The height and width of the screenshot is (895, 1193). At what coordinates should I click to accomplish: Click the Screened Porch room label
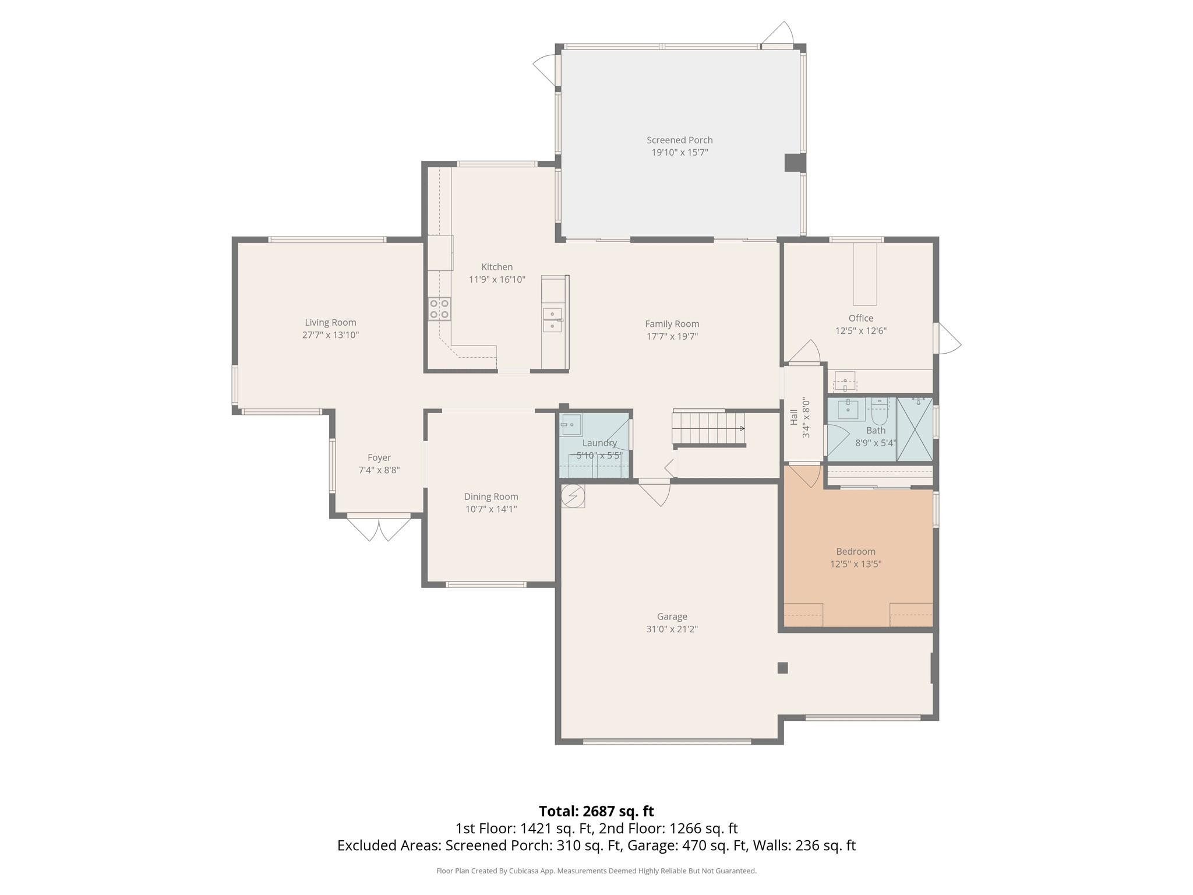679,140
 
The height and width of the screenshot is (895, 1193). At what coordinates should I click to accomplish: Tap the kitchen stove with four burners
439,309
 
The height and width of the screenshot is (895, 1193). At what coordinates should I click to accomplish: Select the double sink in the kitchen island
552,320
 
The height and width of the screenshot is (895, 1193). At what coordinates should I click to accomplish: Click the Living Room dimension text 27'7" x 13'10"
330,335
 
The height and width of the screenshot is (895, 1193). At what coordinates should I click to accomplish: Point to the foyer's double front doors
379,527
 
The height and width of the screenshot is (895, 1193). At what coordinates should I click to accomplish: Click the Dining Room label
490,496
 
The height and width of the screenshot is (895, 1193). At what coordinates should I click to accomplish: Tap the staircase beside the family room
708,428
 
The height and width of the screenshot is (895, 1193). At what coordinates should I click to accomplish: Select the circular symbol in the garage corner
572,496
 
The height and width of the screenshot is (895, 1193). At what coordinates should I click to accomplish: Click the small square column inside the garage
782,668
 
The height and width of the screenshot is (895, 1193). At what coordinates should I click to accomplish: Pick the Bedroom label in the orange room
855,551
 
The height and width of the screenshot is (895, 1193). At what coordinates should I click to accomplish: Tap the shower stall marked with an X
915,429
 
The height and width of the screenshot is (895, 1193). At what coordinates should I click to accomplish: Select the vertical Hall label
793,417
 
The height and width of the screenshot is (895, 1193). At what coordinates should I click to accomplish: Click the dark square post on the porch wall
795,163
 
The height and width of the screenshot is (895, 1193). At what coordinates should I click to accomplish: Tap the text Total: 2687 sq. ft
596,811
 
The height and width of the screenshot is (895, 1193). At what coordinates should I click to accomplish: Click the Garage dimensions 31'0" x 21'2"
672,629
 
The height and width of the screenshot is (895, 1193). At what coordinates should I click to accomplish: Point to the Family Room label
672,324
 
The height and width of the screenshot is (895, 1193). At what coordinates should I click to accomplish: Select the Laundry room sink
571,424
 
